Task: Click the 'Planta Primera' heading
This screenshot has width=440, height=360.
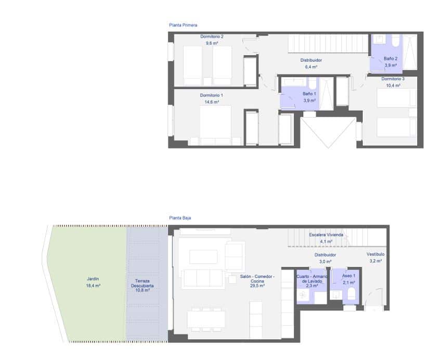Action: click(183, 24)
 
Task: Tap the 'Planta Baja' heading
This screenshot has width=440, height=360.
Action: click(180, 218)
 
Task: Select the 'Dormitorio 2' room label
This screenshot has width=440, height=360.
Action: click(212, 36)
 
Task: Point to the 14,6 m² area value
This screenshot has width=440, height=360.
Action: click(212, 102)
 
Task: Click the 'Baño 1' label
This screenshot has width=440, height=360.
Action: click(309, 94)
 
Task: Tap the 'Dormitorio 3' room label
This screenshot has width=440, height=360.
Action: click(393, 79)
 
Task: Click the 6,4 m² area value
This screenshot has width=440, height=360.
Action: click(311, 67)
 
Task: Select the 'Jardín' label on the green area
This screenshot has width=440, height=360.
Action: click(93, 278)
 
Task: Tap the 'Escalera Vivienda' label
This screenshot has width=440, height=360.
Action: click(326, 235)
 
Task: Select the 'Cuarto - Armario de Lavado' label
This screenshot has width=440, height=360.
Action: click(312, 279)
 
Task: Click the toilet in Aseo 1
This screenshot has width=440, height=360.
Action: click(351, 294)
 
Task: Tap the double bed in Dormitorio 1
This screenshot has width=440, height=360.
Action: click(215, 125)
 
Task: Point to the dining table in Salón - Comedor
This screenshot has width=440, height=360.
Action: click(206, 318)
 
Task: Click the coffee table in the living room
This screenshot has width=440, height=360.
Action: click(203, 256)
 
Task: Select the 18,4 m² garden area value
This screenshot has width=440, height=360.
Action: click(94, 286)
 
